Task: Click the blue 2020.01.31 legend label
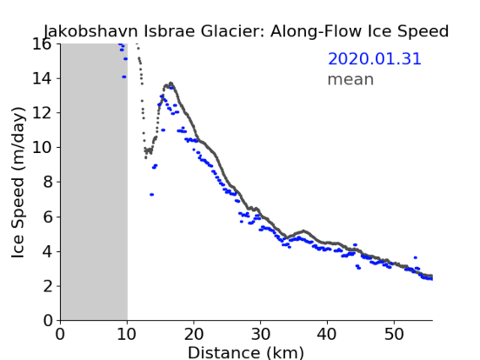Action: [x=374, y=59]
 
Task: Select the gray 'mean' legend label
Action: [x=351, y=79]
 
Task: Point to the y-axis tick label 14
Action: [x=41, y=79]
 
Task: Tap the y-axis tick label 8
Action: [x=48, y=183]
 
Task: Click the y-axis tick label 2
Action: [x=48, y=286]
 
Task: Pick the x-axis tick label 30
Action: [x=260, y=335]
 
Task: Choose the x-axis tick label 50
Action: [x=394, y=335]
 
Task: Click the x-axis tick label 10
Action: [x=127, y=335]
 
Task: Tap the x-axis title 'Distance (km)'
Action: [x=246, y=352]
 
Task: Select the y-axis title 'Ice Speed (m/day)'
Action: [x=18, y=183]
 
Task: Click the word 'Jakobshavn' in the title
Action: [x=90, y=31]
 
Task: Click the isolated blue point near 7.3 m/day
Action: [x=151, y=194]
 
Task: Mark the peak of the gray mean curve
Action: [x=171, y=83]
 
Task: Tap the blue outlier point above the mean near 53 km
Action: [x=416, y=258]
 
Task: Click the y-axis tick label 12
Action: [x=41, y=113]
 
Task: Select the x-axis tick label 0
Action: [x=60, y=335]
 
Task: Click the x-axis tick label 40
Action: [x=327, y=335]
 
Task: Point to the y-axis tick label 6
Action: [x=48, y=217]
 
